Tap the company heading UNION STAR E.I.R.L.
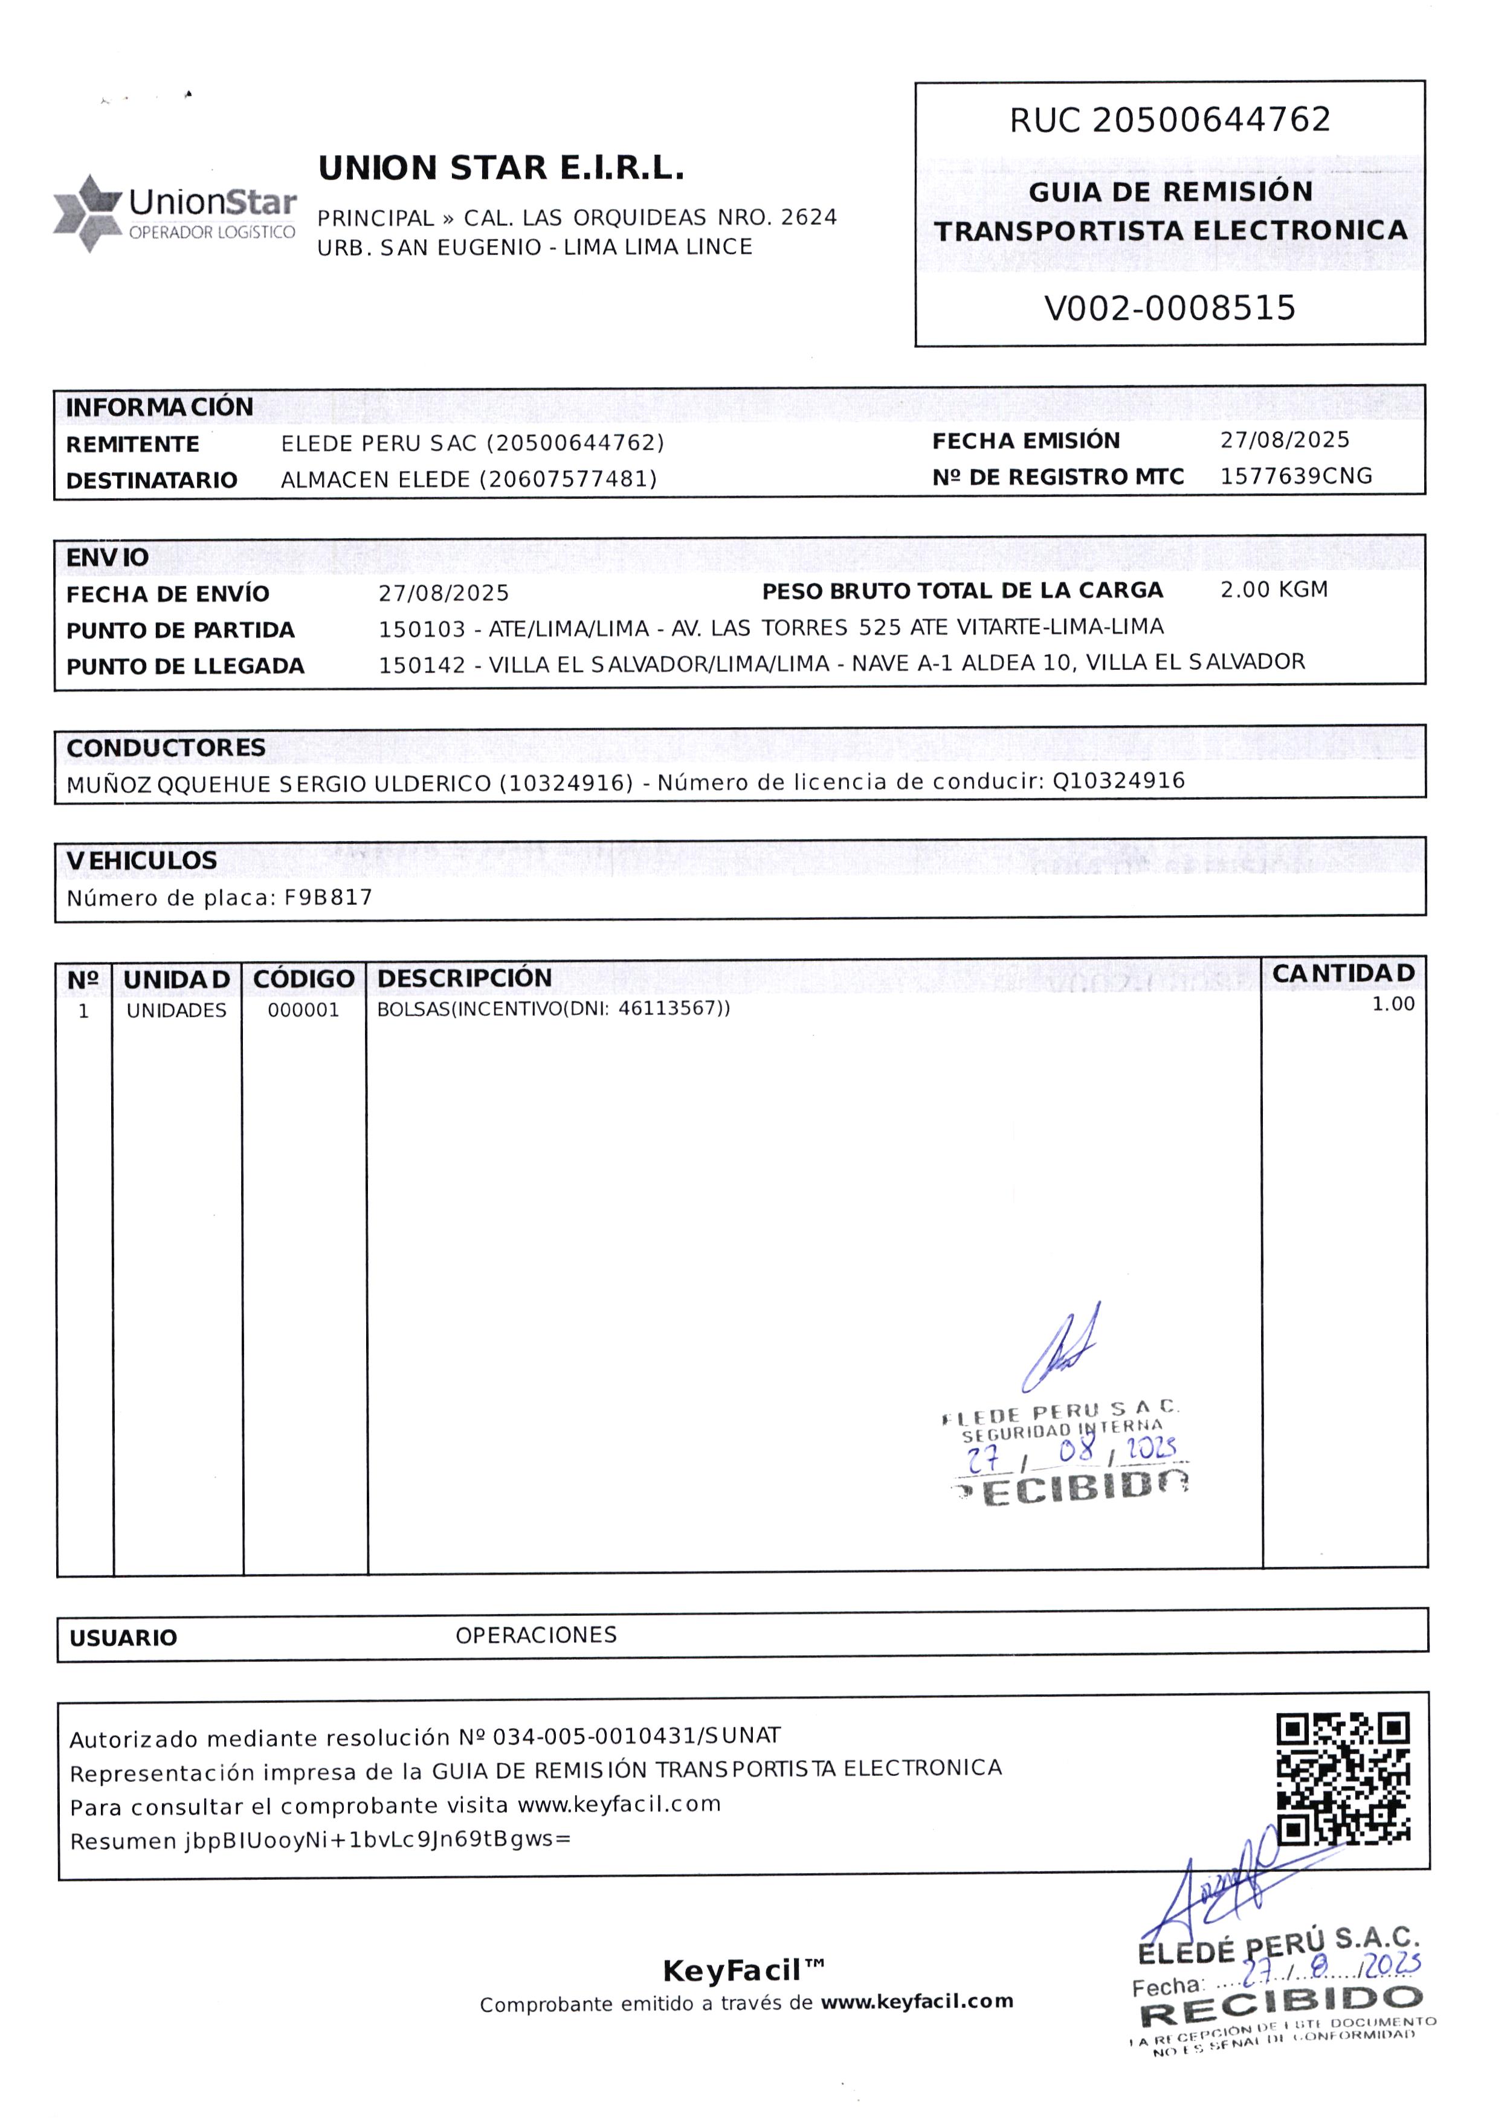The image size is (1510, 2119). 501,168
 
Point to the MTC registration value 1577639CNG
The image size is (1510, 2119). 1296,476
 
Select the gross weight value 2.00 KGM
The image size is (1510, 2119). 1274,589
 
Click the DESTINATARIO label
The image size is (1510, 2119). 152,480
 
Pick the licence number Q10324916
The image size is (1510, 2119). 1118,780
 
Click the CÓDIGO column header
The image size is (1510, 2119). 303,979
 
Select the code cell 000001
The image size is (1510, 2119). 303,1010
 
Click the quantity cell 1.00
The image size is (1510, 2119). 1393,1004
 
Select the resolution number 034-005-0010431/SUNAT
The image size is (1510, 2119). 637,1735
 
